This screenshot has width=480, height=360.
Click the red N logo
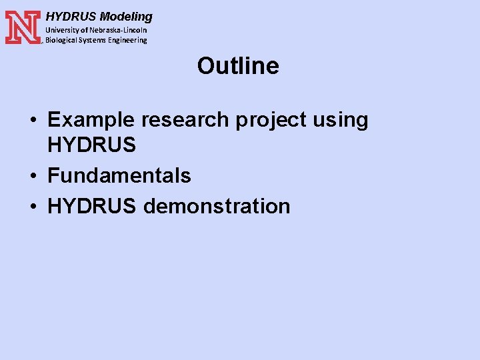coord(23,27)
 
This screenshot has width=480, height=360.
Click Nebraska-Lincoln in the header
coord(119,30)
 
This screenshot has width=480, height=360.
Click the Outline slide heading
coord(238,66)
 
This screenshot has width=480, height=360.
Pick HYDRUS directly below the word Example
coord(92,144)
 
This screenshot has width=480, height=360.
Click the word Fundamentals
coord(119,175)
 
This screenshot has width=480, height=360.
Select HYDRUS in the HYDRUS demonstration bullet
coord(92,206)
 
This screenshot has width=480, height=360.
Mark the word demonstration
coord(217,206)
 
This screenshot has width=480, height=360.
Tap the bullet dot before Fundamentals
coord(33,177)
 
